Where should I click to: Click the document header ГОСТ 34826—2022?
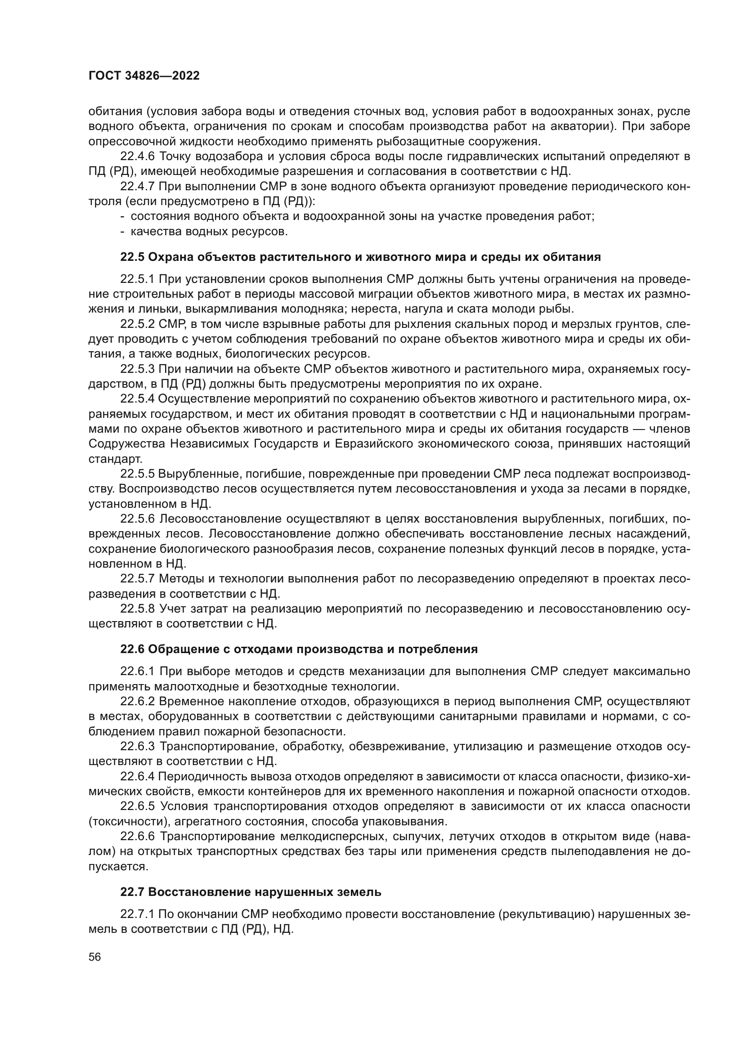click(144, 76)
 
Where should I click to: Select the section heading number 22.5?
click(133, 257)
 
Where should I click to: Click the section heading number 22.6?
click(133, 649)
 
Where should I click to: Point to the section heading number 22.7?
click(133, 892)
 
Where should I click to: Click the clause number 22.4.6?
click(138, 157)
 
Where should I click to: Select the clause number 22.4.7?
click(138, 187)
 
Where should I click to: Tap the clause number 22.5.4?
click(138, 399)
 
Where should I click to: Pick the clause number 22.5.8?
click(138, 609)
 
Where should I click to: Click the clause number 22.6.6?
click(138, 836)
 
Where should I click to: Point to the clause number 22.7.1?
click(138, 914)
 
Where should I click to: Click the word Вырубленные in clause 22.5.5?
click(198, 474)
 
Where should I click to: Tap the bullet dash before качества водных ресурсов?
click(123, 231)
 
